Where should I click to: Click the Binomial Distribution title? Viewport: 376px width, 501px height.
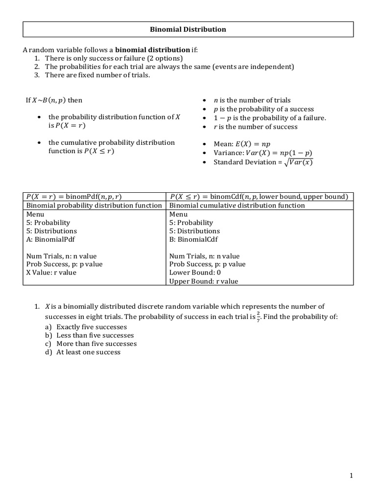click(x=188, y=29)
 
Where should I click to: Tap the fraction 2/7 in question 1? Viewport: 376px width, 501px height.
click(x=258, y=317)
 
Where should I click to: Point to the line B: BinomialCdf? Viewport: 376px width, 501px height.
click(x=193, y=239)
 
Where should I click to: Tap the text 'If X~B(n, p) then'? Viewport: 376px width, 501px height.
click(x=54, y=100)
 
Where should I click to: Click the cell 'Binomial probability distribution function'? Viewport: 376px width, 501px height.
click(x=94, y=205)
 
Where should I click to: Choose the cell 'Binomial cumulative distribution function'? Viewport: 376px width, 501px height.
click(x=237, y=205)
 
